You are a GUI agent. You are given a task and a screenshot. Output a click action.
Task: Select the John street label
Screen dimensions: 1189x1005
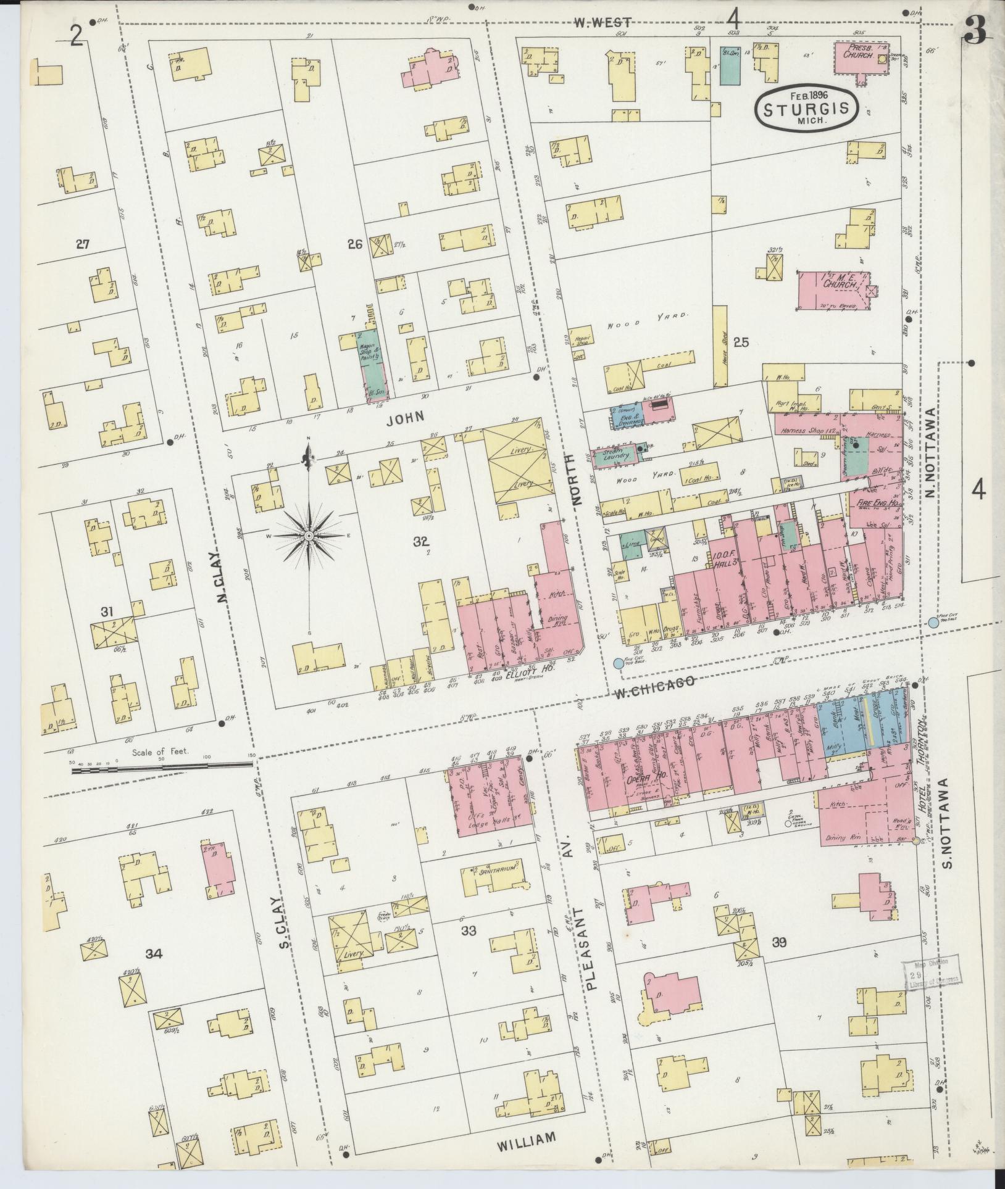pyautogui.click(x=406, y=418)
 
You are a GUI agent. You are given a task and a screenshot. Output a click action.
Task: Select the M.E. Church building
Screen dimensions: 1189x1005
pyautogui.click(x=833, y=289)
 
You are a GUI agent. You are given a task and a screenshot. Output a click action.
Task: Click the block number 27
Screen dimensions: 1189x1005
pyautogui.click(x=82, y=244)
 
